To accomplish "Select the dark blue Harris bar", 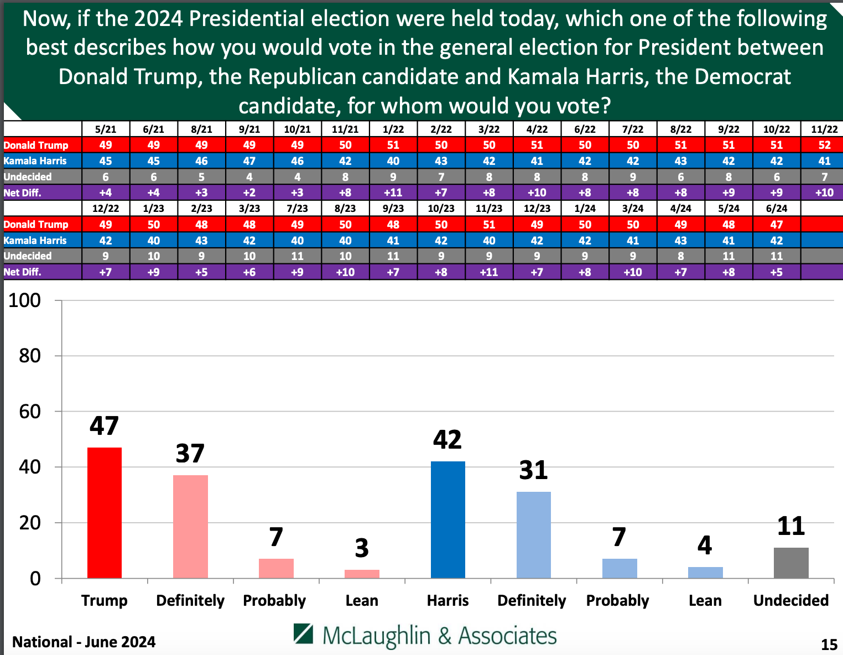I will pyautogui.click(x=447, y=519).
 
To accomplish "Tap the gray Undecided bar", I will pyautogui.click(x=791, y=563).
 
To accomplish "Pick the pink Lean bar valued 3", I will pyautogui.click(x=362, y=574).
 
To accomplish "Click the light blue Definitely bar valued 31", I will pyautogui.click(x=533, y=534).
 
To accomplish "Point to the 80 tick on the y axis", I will pyautogui.click(x=30, y=356).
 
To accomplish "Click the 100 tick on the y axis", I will pyautogui.click(x=25, y=300).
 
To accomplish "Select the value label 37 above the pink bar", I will pyautogui.click(x=190, y=454).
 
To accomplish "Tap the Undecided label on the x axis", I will pyautogui.click(x=791, y=600).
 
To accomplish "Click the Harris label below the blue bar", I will pyautogui.click(x=447, y=600).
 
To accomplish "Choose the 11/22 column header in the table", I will pyautogui.click(x=824, y=129).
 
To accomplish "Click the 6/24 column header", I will pyautogui.click(x=776, y=209).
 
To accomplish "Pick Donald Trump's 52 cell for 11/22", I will pyautogui.click(x=824, y=145).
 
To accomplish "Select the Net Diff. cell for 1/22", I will pyautogui.click(x=393, y=193).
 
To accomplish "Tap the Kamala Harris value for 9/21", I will pyautogui.click(x=249, y=161).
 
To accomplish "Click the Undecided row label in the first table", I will pyautogui.click(x=28, y=177).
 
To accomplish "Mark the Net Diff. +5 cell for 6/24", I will pyautogui.click(x=776, y=272).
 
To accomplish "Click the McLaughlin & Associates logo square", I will pyautogui.click(x=304, y=634).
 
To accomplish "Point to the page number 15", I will pyautogui.click(x=829, y=644).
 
